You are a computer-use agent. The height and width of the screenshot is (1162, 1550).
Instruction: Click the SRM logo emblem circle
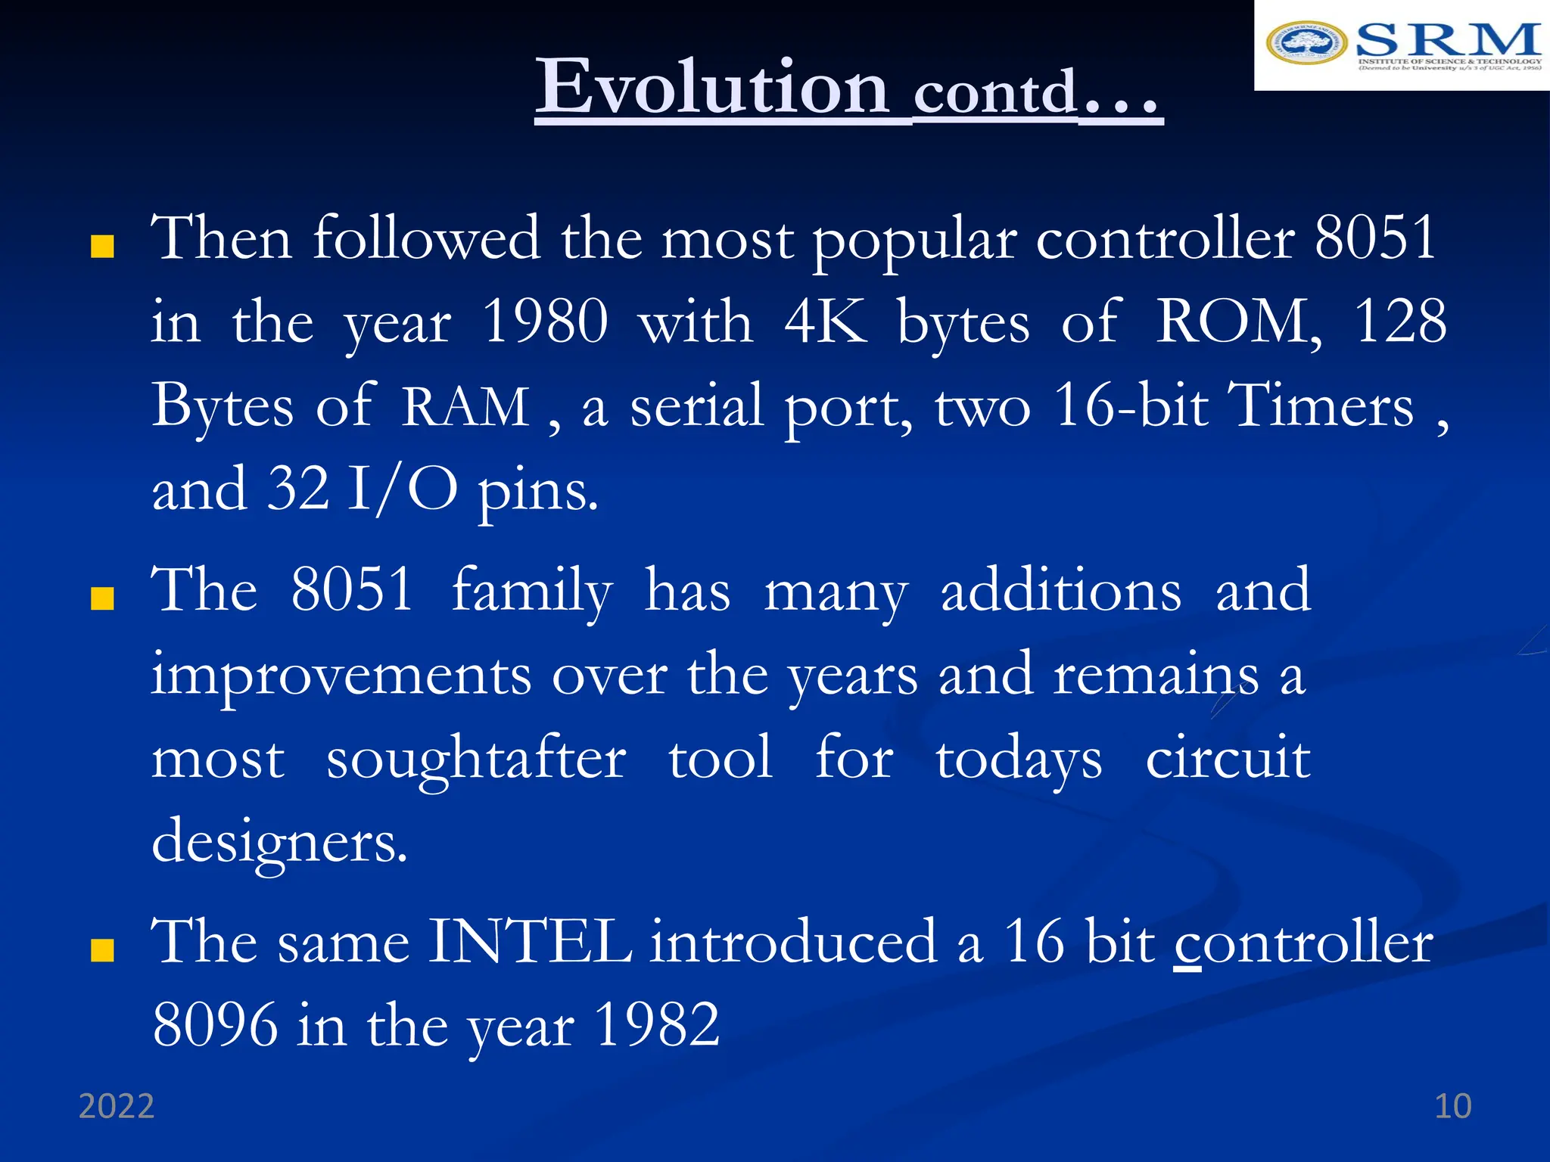1306,42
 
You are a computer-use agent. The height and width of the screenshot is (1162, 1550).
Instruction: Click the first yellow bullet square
102,247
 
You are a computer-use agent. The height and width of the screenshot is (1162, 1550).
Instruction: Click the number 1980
544,322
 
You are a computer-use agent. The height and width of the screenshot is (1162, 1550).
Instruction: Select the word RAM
465,407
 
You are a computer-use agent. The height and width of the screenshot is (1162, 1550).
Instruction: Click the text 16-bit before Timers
1131,406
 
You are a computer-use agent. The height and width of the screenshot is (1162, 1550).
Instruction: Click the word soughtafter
476,758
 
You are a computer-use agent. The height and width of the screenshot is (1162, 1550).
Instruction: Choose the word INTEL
530,942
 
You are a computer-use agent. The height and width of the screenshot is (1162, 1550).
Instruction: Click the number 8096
215,1025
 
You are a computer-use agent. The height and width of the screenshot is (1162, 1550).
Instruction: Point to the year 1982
656,1025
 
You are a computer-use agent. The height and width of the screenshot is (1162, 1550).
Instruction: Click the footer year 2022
117,1106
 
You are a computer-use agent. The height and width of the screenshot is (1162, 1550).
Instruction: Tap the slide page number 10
1452,1106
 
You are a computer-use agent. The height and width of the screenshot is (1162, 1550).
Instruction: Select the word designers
279,842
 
